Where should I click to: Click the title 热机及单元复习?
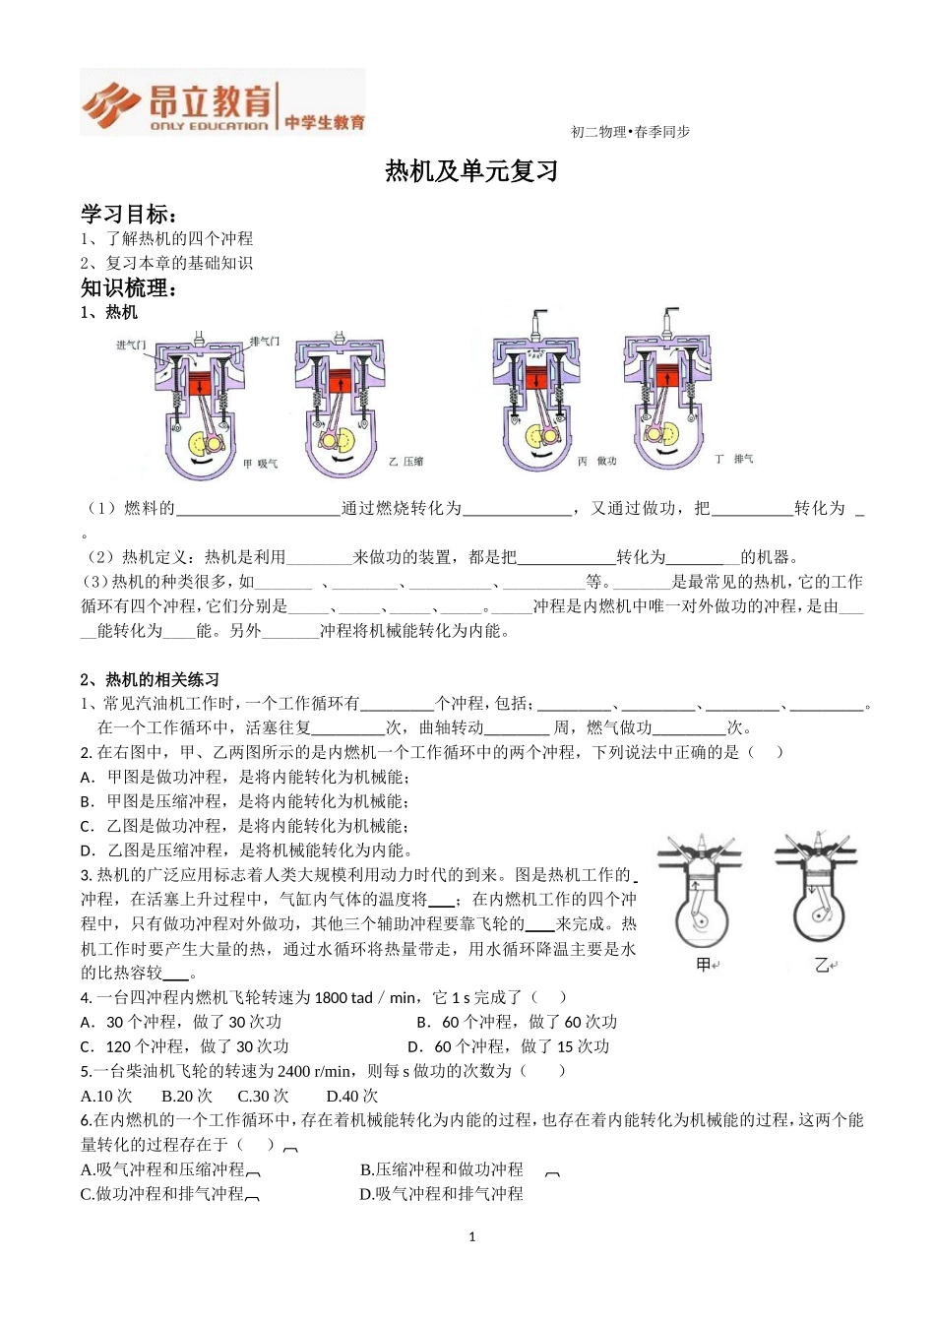[471, 171]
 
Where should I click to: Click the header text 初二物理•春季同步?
[630, 132]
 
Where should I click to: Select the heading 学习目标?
[129, 214]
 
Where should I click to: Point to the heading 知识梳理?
[129, 287]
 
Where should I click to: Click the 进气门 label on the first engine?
[131, 345]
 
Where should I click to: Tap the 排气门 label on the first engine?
[264, 341]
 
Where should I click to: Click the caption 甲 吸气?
[260, 463]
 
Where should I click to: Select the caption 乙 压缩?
[405, 461]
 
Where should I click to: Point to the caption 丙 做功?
[596, 461]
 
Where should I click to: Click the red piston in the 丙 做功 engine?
[535, 378]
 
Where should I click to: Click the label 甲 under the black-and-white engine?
[704, 965]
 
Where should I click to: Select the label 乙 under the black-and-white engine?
[822, 965]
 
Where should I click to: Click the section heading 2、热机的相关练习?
[150, 679]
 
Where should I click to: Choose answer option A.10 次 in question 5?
[106, 1096]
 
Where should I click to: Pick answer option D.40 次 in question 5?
[351, 1096]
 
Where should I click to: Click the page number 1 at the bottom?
[472, 1236]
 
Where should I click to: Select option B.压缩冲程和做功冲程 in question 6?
[441, 1169]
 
